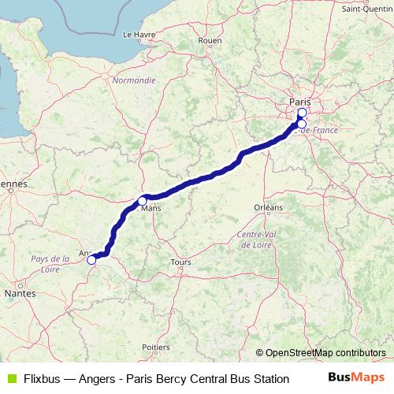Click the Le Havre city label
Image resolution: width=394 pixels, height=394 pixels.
tap(139, 35)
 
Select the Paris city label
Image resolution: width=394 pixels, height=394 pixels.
tap(300, 102)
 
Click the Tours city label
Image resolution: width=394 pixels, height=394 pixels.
tap(181, 262)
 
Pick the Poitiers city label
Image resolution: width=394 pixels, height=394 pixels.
tap(158, 347)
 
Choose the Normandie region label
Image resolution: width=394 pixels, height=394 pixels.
tap(134, 80)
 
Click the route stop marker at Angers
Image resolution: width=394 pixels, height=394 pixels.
tap(91, 259)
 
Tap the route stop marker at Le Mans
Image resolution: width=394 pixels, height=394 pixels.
tap(143, 200)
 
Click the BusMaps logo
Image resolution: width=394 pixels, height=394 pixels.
tap(356, 377)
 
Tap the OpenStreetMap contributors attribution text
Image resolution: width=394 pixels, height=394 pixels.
tap(325, 353)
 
